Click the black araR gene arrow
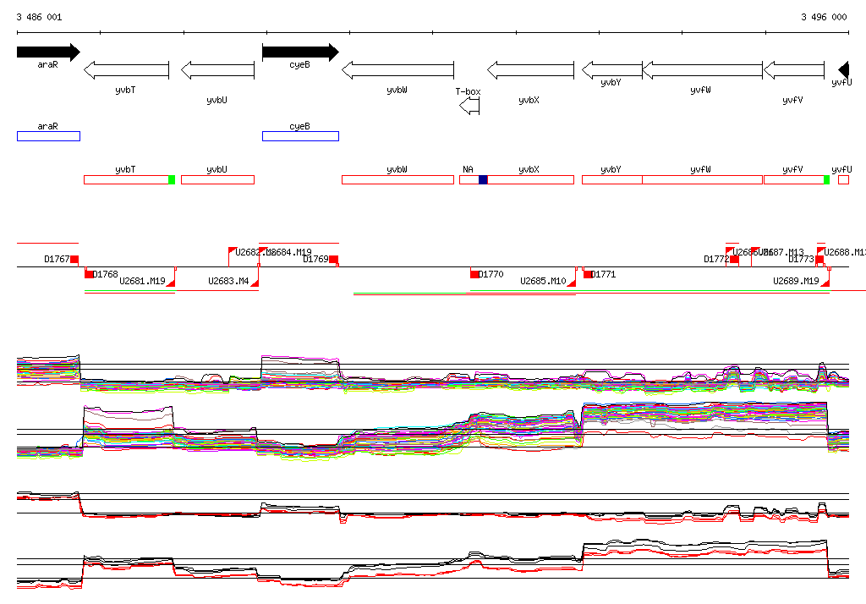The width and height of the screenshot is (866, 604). click(47, 52)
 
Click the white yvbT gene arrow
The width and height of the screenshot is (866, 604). click(126, 70)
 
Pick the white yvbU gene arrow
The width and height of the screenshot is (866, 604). click(217, 70)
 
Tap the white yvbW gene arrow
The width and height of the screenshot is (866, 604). click(397, 70)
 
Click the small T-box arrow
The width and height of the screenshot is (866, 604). click(469, 106)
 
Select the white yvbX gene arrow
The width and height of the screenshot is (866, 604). click(530, 70)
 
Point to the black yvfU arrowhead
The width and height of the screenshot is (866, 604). click(843, 70)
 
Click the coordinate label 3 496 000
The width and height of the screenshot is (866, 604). click(824, 17)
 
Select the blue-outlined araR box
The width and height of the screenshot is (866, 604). click(48, 136)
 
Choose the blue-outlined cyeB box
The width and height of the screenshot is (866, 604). click(300, 136)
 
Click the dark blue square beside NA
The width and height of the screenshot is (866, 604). click(483, 179)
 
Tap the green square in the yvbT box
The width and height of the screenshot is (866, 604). click(172, 179)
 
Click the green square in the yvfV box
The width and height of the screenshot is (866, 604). click(826, 179)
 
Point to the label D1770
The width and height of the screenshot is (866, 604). click(491, 274)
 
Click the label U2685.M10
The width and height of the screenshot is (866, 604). click(543, 281)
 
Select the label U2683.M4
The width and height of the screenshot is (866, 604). click(228, 281)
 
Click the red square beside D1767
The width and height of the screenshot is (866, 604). click(74, 259)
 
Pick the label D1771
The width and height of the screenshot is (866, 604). click(604, 274)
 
